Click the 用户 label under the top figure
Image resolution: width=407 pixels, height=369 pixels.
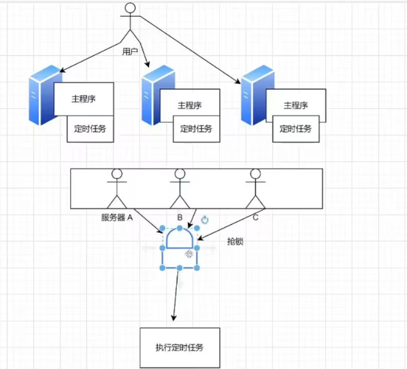pos(130,52)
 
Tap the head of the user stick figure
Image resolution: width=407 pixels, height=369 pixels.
pos(130,7)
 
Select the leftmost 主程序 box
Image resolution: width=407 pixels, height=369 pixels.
pos(84,99)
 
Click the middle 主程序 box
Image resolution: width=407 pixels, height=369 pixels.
pos(190,105)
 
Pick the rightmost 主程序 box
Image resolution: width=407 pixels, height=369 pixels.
pos(296,105)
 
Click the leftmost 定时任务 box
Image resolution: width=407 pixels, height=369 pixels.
pos(91,129)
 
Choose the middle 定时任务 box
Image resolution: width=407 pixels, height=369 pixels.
pos(196,129)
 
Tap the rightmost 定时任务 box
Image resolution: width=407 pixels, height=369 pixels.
pos(296,129)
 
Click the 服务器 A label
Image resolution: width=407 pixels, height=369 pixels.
pos(117,217)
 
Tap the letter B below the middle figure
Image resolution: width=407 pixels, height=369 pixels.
pos(180,217)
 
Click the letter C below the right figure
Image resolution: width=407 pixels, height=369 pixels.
pos(254,217)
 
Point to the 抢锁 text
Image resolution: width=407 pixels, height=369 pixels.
pos(235,242)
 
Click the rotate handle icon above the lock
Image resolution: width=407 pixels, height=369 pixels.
pos(205,220)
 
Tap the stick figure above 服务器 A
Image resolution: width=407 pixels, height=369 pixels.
pos(117,188)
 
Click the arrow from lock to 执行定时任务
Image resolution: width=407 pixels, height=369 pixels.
pos(176,296)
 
